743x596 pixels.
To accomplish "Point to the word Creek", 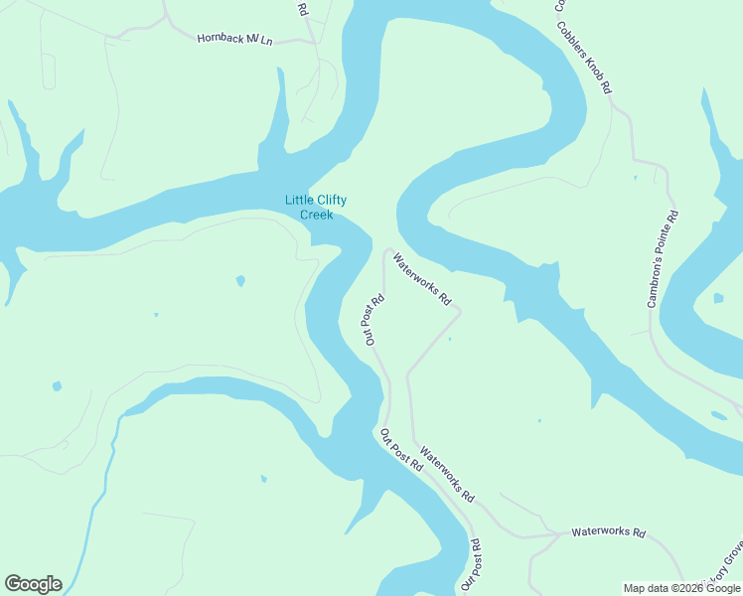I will click(317, 215).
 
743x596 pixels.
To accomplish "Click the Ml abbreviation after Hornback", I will click(254, 40).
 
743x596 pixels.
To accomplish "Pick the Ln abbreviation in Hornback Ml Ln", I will click(267, 41).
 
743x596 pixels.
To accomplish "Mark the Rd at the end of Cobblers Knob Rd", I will click(606, 87).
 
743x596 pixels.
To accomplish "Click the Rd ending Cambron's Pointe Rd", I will click(673, 215).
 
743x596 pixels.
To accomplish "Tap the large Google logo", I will click(33, 584).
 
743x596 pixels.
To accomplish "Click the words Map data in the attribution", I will click(647, 588).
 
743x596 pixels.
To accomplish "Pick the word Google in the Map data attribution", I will click(723, 588).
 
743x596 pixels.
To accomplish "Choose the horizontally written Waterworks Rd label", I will click(608, 533).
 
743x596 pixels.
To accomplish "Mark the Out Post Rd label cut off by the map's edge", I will click(470, 566).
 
